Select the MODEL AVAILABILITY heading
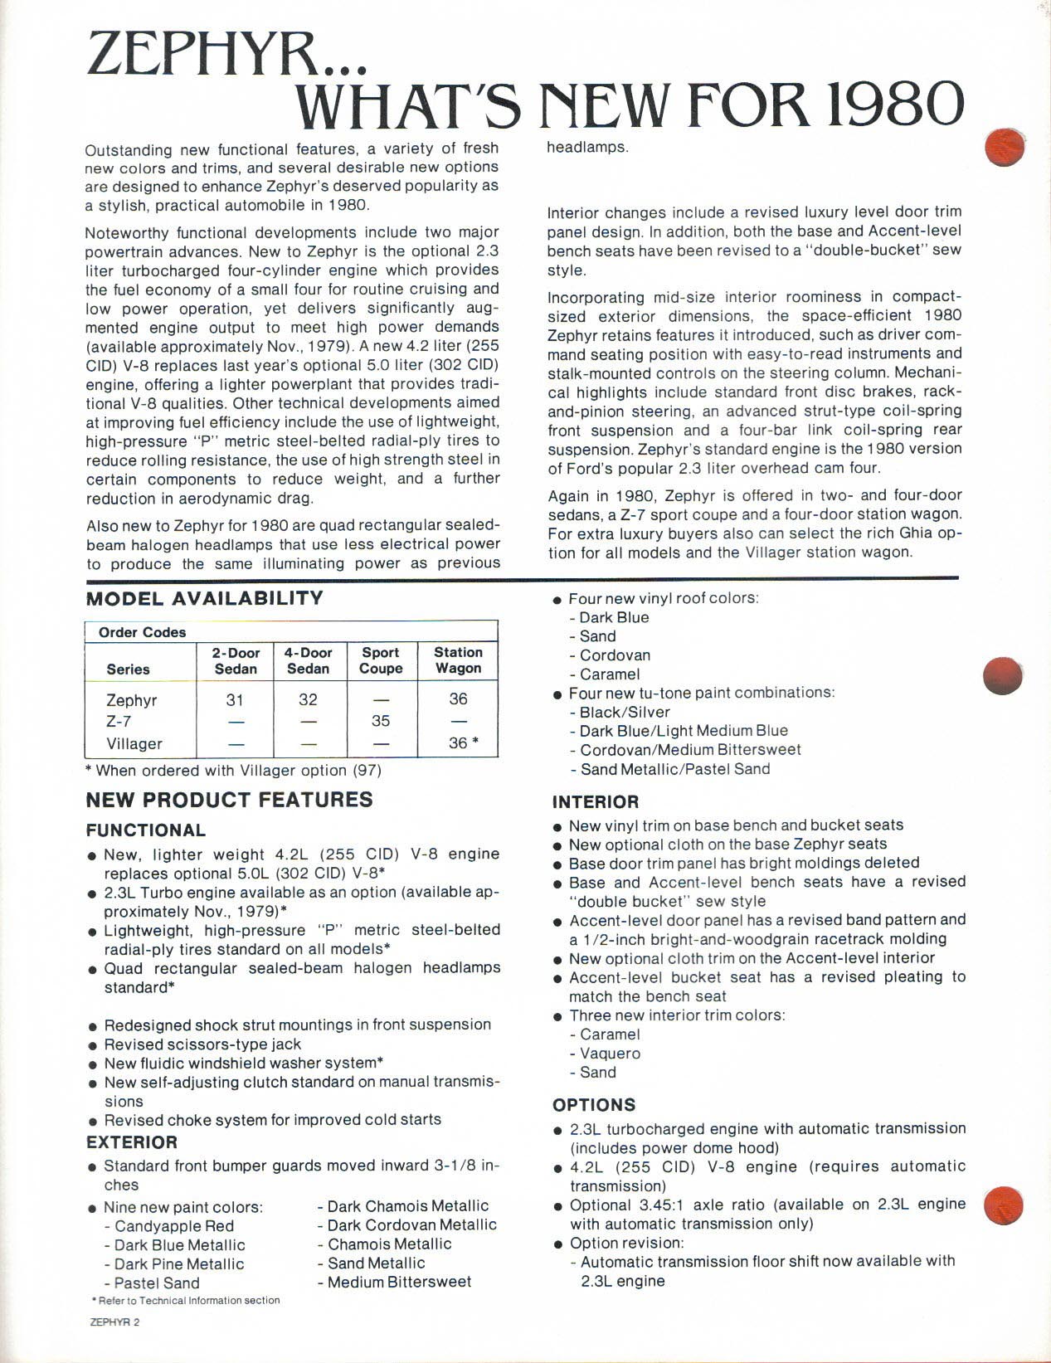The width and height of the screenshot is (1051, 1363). (205, 599)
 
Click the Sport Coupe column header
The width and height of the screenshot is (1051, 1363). (380, 660)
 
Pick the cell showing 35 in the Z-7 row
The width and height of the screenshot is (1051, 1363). (380, 721)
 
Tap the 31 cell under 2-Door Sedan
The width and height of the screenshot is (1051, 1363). (235, 699)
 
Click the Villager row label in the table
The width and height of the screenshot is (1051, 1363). (134, 743)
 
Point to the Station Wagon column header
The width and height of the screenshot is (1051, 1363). (458, 660)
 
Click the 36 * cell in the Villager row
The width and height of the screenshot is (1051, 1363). (463, 743)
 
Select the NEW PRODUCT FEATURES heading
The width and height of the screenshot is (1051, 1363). (230, 800)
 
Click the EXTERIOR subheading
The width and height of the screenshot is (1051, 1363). (132, 1142)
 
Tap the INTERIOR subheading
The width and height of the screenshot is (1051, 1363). (596, 802)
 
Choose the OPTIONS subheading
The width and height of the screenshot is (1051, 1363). (594, 1105)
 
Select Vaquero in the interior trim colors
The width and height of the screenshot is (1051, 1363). (610, 1054)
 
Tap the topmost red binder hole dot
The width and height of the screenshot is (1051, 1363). (1005, 147)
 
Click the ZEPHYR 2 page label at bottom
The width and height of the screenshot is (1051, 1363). (114, 1322)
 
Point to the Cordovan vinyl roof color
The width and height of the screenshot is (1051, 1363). (615, 655)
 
